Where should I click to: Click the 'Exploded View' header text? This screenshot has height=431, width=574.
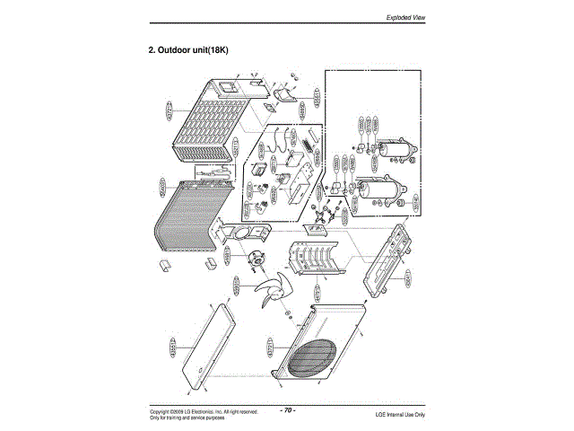point(405,17)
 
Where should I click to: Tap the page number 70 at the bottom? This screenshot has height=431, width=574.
point(288,409)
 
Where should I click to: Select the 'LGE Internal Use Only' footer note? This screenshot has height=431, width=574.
point(400,414)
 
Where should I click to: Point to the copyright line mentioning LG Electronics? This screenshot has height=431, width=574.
point(204,411)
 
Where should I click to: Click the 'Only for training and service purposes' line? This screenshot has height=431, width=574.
point(187,418)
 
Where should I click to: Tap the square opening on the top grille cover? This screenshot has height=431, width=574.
point(226,87)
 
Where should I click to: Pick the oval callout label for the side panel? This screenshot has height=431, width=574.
point(173,346)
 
